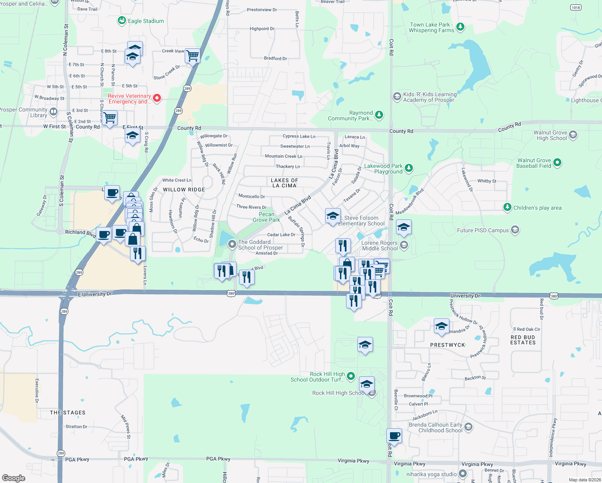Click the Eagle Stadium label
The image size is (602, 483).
pos(146,21)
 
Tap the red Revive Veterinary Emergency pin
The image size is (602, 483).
pos(157,98)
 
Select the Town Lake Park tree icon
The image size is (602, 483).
pos(460,27)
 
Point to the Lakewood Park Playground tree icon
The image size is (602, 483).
pos(409,168)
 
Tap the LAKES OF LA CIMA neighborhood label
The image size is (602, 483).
pos(284,183)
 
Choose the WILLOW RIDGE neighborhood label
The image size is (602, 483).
pos(184,190)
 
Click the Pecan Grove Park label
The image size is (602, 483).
pos(266,217)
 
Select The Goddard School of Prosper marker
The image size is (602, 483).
pos(232,244)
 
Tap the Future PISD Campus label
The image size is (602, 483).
pos(483,230)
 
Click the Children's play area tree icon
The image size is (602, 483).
pos(507,207)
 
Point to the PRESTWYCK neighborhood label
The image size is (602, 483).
pos(447,345)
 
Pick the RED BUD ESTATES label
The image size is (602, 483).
pos(523,340)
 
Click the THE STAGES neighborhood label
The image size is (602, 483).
pos(68,413)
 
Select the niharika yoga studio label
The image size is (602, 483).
pos(431,474)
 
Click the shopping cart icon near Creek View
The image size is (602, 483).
pos(193,56)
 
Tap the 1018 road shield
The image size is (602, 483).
pos(576,7)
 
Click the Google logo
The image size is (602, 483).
pos(14,478)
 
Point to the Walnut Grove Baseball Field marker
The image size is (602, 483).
pos(557,163)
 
